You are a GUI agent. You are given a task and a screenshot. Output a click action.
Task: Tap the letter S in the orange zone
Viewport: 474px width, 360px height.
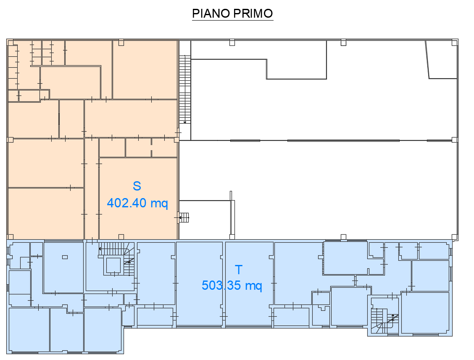pos(137,186)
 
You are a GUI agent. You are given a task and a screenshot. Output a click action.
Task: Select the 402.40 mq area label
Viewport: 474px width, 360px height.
pos(137,203)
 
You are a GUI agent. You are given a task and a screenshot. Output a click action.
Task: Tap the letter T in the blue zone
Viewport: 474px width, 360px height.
pos(239,270)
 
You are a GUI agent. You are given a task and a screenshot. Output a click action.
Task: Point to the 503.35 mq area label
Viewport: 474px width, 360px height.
pos(232,285)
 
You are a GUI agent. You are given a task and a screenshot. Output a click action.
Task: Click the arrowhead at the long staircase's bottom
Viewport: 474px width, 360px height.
pos(185,122)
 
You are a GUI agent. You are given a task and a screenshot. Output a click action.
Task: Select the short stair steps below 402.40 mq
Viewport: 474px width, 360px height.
pos(184,217)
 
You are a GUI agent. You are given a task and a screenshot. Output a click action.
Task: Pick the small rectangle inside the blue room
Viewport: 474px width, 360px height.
pos(65,257)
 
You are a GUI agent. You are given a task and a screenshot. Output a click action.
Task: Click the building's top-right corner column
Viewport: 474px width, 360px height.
pos(455,42)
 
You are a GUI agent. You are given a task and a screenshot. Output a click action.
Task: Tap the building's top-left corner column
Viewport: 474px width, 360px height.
pos(10,42)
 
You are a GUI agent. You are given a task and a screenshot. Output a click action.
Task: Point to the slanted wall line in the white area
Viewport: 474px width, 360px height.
pos(427,60)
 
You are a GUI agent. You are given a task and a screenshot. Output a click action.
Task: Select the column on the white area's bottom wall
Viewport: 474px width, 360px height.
pos(343,237)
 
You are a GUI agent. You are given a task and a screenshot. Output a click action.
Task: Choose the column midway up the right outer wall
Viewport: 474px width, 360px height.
pos(455,140)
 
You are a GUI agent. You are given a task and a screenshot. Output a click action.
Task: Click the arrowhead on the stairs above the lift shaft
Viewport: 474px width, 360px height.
pos(100,249)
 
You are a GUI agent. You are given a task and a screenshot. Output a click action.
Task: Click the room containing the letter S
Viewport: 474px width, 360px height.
pos(138,198)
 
